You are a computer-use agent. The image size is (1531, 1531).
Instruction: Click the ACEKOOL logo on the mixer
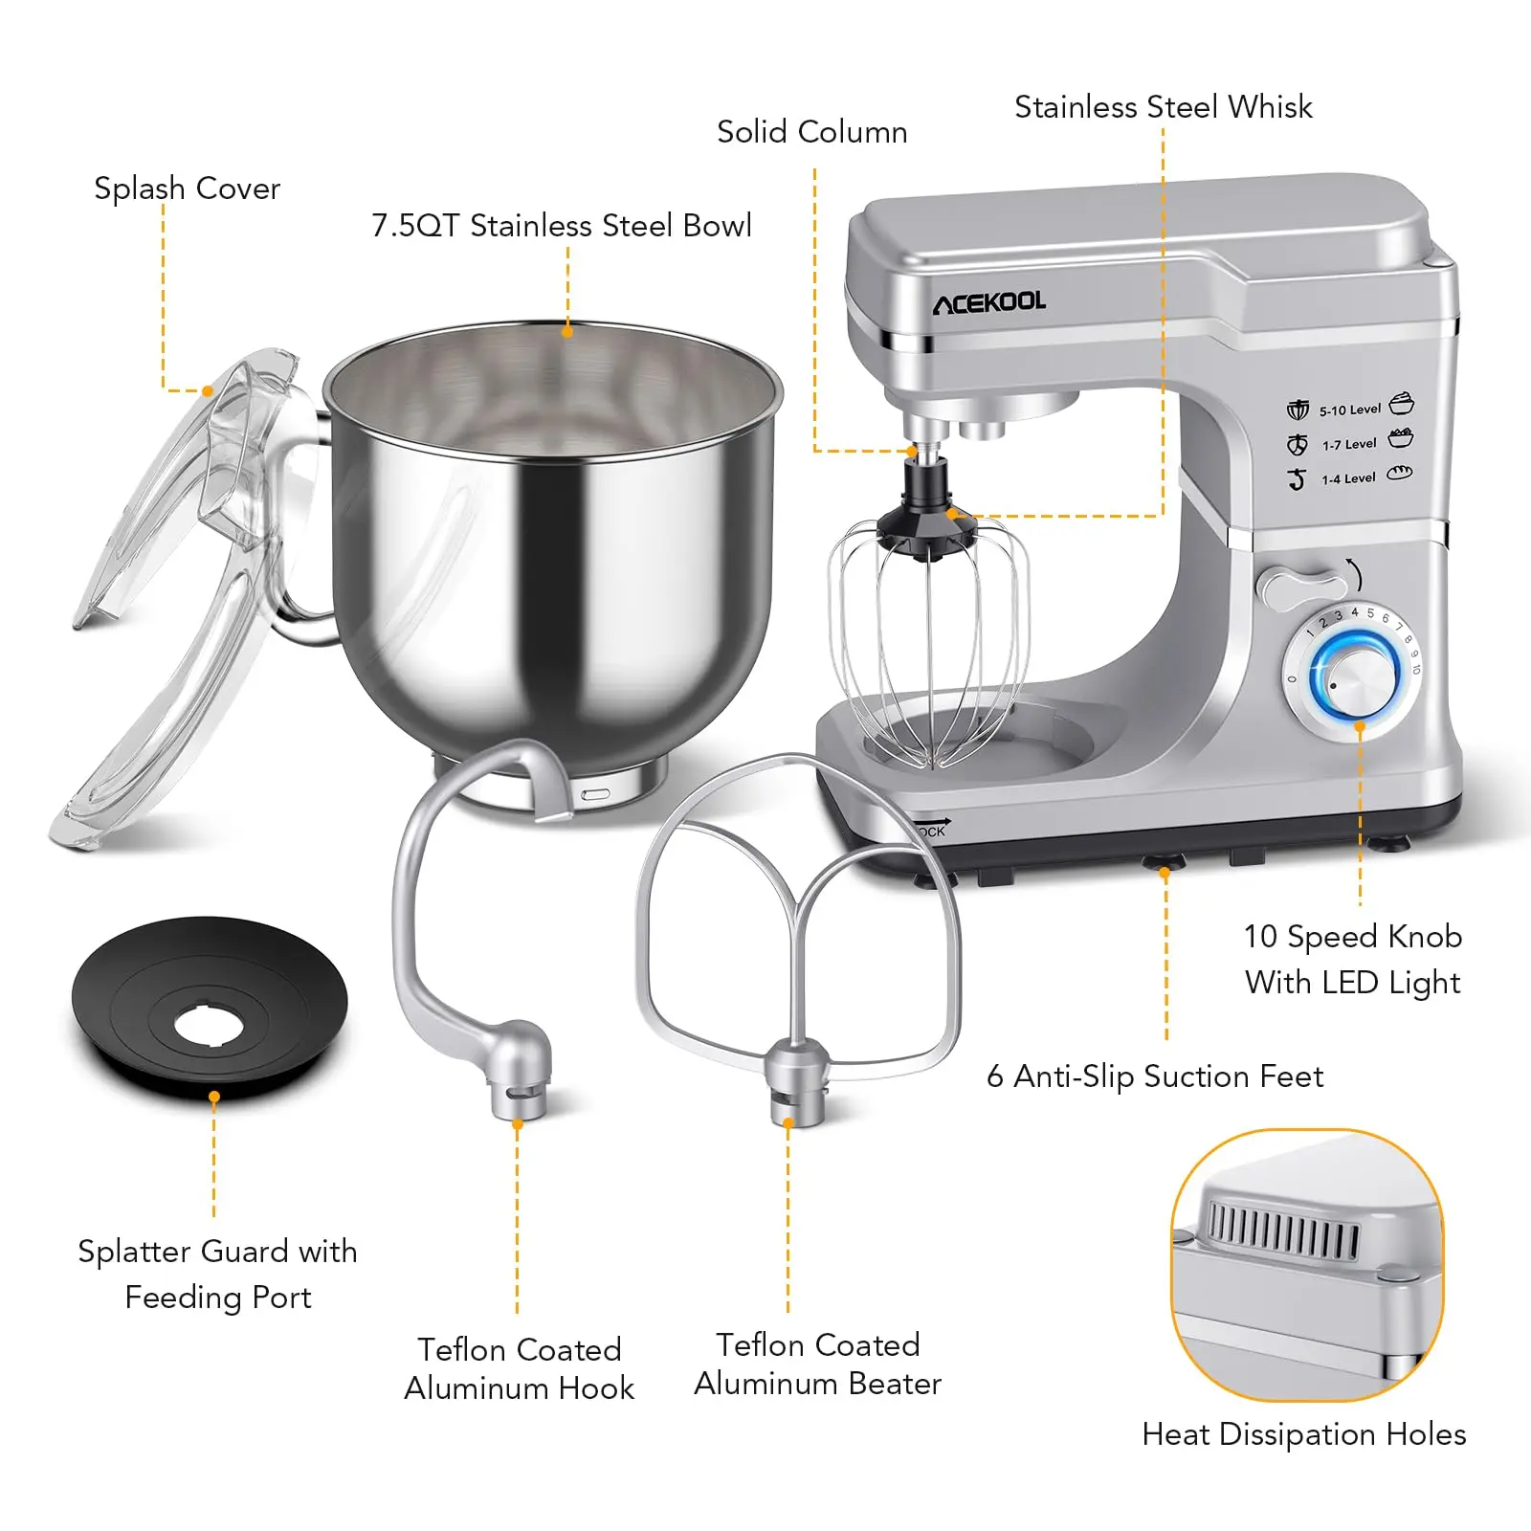click(989, 302)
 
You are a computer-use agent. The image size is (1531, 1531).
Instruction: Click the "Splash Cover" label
click(187, 189)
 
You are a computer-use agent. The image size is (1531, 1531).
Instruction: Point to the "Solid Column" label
click(812, 131)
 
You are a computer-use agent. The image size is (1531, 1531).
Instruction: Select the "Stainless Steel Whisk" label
click(1164, 106)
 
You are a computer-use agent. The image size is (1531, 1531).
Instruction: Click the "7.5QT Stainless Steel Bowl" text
click(562, 225)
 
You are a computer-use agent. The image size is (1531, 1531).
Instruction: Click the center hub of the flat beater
click(798, 1081)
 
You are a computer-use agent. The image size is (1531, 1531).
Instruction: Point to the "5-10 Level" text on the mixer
click(1350, 410)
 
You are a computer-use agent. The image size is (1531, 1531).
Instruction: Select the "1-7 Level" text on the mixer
click(1349, 445)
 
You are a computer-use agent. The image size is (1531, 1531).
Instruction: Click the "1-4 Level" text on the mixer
click(1348, 479)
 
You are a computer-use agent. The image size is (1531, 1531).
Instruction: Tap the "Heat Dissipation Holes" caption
click(1304, 1434)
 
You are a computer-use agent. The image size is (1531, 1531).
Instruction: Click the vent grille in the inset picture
click(1283, 1226)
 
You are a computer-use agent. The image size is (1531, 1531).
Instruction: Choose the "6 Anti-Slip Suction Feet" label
click(1155, 1076)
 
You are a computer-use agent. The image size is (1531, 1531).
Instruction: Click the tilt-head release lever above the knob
click(1301, 586)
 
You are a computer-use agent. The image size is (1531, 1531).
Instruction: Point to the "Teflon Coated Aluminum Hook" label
click(519, 1368)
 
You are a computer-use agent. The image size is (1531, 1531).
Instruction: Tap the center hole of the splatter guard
click(210, 1025)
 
